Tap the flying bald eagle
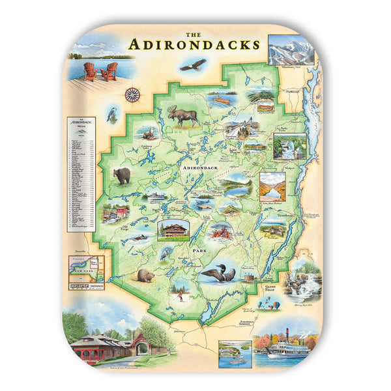[x=193, y=65]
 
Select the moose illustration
[x=183, y=116]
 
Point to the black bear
[x=122, y=175]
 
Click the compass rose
[x=133, y=94]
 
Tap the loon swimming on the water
[x=218, y=272]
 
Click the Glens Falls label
[x=270, y=287]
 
